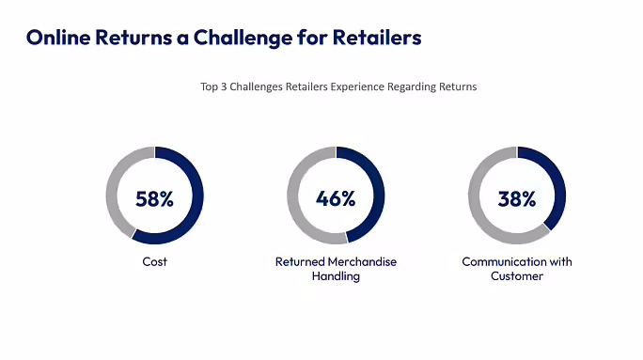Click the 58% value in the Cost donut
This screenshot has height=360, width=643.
tap(154, 198)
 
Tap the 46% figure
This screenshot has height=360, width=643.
tap(336, 198)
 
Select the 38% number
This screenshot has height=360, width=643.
tap(516, 198)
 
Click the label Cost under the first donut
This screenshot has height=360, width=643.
tap(154, 261)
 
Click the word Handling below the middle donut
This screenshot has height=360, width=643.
tap(336, 276)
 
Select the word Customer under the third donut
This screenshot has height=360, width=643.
tap(516, 276)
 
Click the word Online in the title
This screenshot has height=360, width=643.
tap(59, 38)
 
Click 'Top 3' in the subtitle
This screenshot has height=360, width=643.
tap(213, 87)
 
